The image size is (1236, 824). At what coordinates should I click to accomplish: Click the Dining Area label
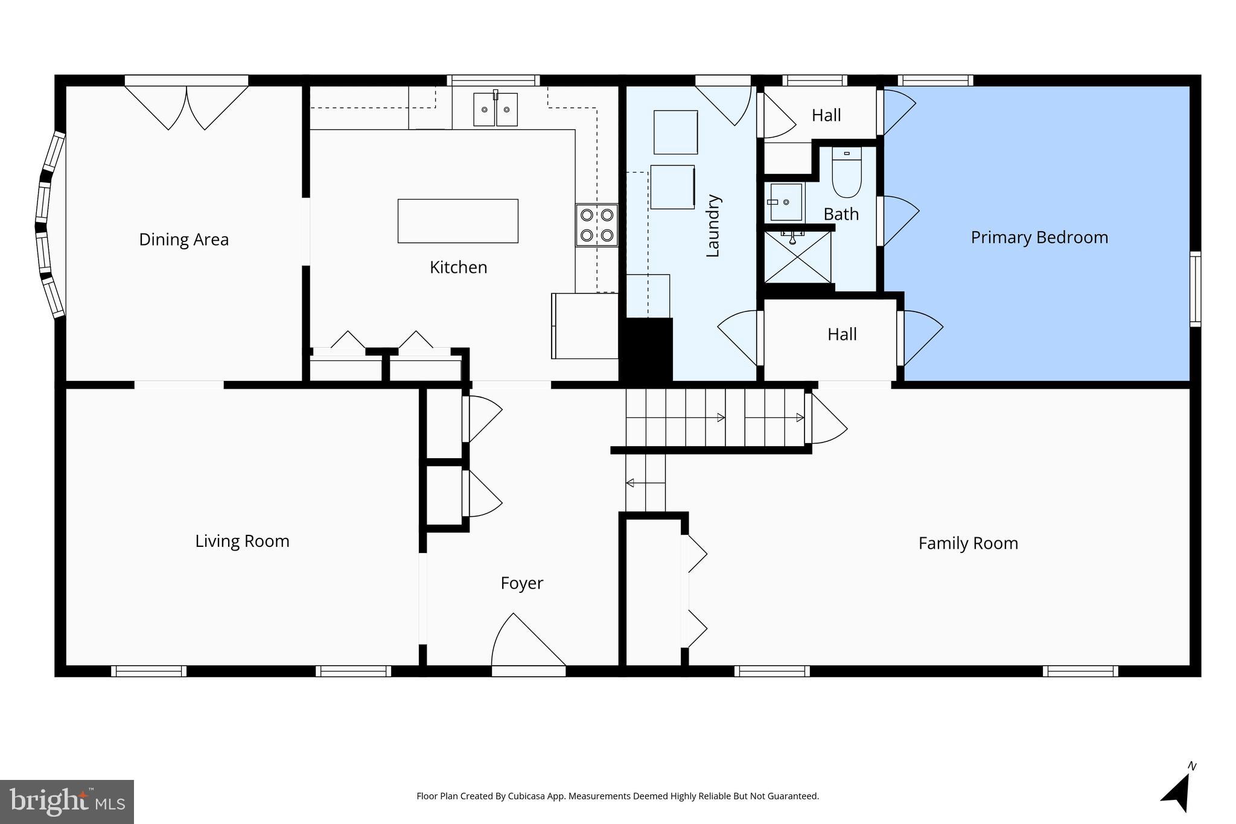click(x=183, y=240)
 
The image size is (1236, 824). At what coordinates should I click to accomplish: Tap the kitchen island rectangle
click(x=457, y=221)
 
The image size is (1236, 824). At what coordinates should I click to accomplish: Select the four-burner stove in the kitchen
click(x=596, y=225)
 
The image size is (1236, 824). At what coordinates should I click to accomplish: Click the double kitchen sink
click(x=495, y=109)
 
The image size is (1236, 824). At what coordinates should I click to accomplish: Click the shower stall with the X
click(x=797, y=257)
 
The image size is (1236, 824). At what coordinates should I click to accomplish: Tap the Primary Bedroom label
click(x=1039, y=237)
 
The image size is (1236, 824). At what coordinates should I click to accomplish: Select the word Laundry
click(x=713, y=226)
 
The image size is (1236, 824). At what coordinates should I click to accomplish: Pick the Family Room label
click(x=967, y=543)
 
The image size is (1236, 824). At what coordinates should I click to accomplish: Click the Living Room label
click(x=242, y=541)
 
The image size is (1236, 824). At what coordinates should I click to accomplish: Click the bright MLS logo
click(x=66, y=802)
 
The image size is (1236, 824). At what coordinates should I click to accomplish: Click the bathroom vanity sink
click(x=785, y=202)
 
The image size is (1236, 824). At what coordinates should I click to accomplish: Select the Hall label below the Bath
click(x=841, y=334)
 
